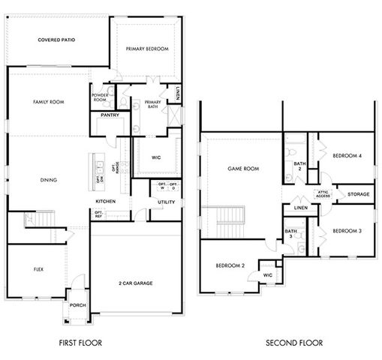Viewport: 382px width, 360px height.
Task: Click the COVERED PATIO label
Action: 56,40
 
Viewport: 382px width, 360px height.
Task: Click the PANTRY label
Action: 110,115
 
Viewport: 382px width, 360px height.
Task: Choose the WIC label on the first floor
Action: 156,157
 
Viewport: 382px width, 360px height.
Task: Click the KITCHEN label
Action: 105,202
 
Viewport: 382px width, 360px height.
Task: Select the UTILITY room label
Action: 166,202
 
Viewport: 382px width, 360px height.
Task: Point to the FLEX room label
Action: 38,269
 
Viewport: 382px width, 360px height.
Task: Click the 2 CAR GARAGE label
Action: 136,283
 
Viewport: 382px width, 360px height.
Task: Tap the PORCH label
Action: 77,305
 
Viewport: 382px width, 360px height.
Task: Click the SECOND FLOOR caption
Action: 294,343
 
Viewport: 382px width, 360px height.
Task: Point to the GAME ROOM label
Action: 243,169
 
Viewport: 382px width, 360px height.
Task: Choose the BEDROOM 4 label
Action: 347,156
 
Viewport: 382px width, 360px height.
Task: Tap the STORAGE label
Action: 358,194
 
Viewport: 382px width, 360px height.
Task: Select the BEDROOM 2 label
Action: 231,266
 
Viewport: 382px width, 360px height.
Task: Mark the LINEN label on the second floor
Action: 301,208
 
